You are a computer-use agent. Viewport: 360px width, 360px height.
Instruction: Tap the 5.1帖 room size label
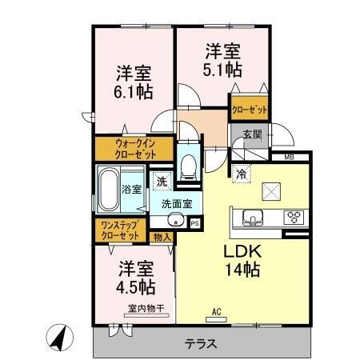222,68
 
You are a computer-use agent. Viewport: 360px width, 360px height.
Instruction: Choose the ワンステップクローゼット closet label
120,231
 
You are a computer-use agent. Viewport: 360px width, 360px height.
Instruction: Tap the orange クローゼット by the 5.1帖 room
249,110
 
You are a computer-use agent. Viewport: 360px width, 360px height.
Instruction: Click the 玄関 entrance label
251,134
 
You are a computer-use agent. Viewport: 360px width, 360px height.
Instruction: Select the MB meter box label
290,158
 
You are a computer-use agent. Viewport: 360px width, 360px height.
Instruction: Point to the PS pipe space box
194,223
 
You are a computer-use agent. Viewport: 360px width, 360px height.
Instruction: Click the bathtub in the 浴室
108,190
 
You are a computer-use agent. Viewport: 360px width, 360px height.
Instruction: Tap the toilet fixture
189,166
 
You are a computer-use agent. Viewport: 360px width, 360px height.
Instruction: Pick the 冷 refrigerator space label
240,172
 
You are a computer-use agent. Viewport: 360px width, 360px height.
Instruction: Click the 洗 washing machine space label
161,182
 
